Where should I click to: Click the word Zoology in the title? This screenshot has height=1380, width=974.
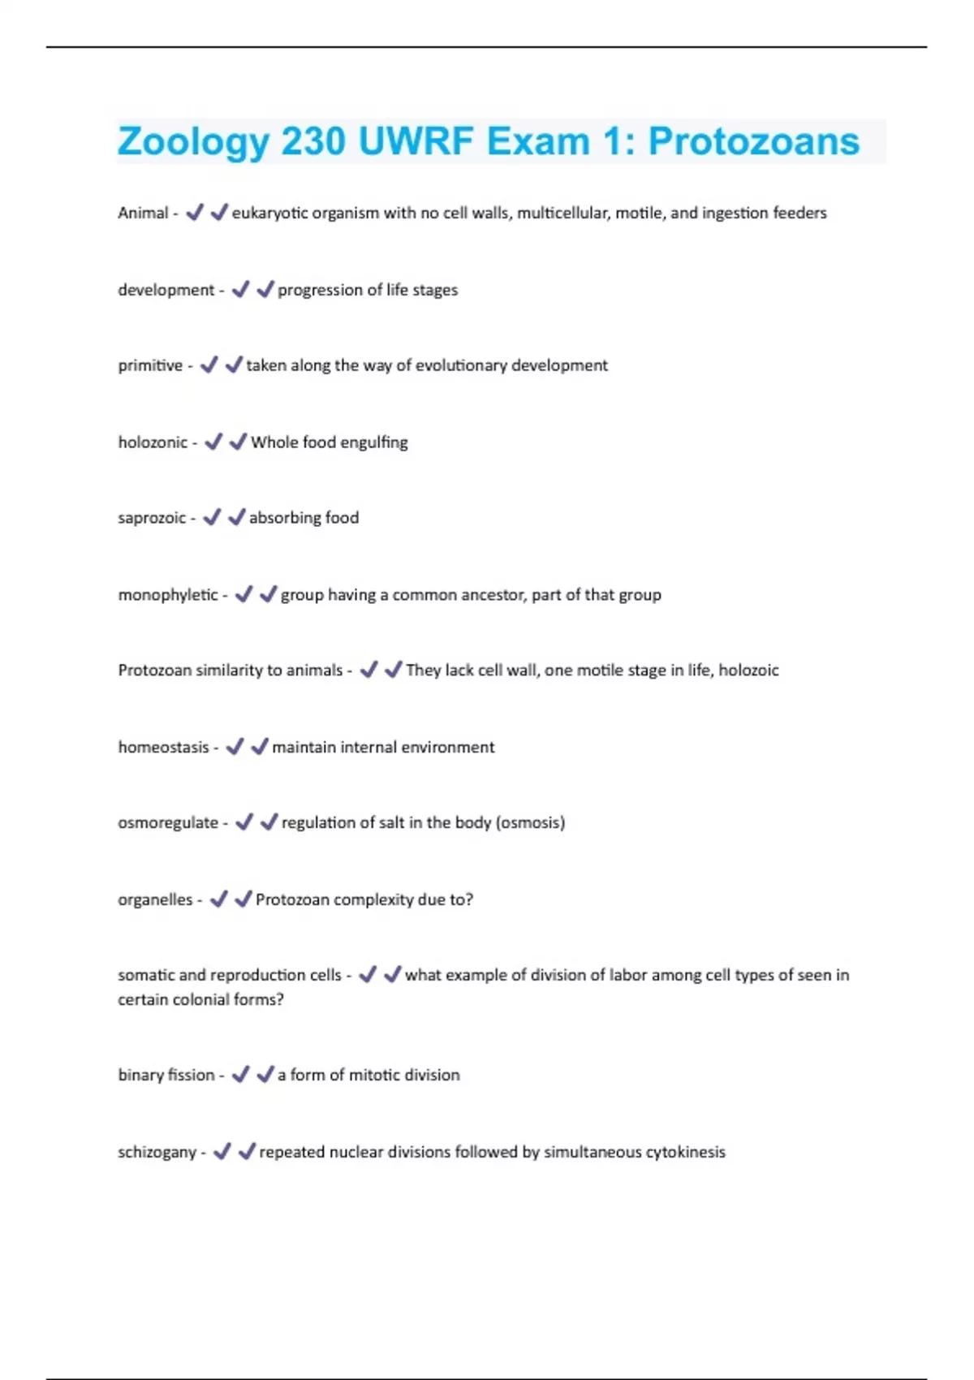point(193,143)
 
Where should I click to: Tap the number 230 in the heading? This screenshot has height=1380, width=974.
point(313,142)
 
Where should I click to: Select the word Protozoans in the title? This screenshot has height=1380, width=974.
point(753,142)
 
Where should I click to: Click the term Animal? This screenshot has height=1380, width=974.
point(143,213)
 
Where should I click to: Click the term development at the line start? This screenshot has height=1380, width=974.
point(166,290)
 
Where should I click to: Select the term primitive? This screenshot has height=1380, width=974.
point(150,365)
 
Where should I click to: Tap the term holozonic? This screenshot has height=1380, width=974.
point(153,442)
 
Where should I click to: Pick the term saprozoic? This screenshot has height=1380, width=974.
point(152,518)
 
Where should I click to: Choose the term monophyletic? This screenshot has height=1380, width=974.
point(168,595)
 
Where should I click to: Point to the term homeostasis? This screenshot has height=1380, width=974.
point(163,747)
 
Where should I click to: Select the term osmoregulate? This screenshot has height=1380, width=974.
point(168,822)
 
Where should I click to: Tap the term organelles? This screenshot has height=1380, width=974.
point(155,899)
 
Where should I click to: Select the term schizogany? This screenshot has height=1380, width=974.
point(157,1152)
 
